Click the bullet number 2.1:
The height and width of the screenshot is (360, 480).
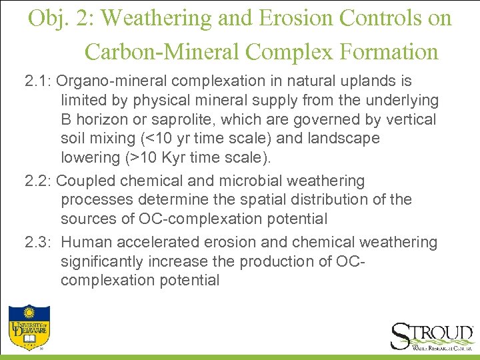coord(38,81)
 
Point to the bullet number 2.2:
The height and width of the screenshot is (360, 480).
coord(38,181)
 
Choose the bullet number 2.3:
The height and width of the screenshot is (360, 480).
coord(38,243)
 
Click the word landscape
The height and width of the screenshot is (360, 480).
coord(346,139)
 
